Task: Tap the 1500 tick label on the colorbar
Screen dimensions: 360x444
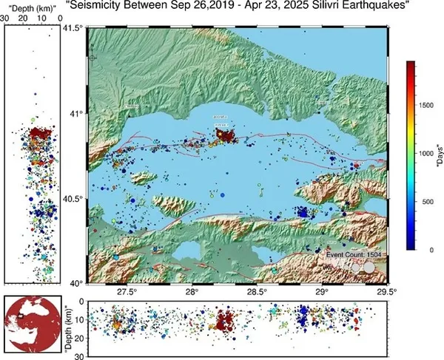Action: (426, 106)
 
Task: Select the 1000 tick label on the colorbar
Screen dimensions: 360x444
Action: (426, 154)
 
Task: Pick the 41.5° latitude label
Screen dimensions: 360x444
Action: (72, 28)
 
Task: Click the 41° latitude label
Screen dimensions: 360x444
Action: (75, 113)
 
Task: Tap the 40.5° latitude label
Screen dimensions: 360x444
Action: (72, 199)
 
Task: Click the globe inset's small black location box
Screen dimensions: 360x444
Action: (23, 316)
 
